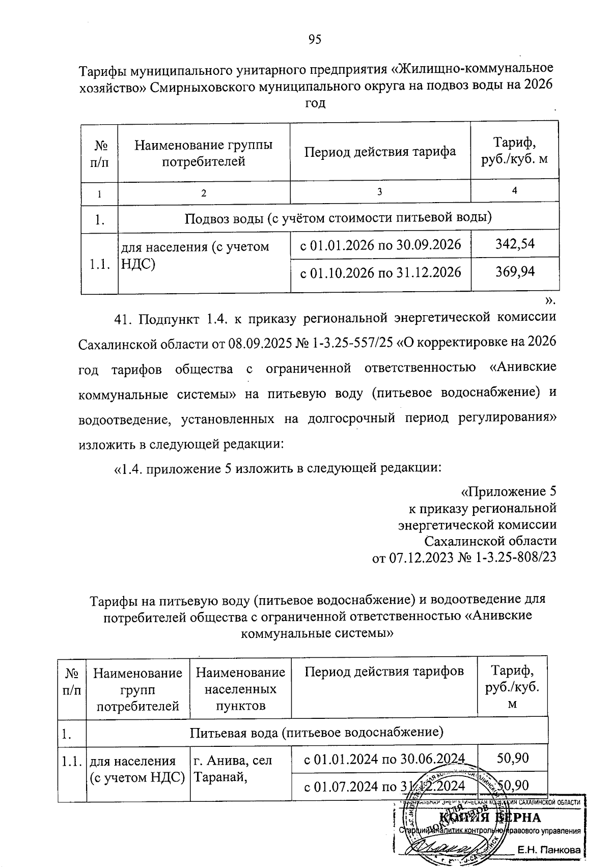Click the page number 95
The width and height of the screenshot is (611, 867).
click(x=315, y=40)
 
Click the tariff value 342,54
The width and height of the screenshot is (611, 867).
click(x=515, y=244)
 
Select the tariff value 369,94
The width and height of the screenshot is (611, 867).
click(x=515, y=272)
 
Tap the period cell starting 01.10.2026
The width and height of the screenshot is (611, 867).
click(x=380, y=272)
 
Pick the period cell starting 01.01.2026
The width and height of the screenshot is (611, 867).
click(x=380, y=245)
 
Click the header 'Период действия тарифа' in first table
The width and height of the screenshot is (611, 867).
click(x=380, y=152)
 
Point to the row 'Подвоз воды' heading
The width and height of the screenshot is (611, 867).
click(x=338, y=218)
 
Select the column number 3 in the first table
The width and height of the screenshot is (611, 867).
click(x=380, y=192)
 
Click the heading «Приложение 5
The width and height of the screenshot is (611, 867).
click(x=508, y=492)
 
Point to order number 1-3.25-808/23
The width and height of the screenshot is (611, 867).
click(x=515, y=557)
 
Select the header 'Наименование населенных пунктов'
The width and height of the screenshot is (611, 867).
click(x=240, y=689)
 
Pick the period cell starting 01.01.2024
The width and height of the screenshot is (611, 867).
click(x=384, y=760)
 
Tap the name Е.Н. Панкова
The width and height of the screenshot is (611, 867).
click(x=549, y=850)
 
